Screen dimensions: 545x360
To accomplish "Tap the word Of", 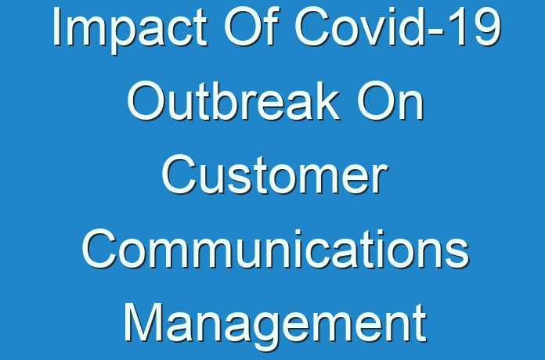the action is [x=251, y=27].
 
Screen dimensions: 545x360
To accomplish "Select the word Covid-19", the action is [x=398, y=27].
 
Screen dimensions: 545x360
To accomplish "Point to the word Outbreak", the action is [x=233, y=100].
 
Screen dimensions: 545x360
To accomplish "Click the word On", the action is [x=390, y=100].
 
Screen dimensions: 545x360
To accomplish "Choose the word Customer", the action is [x=275, y=174].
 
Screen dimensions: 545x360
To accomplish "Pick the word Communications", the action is [x=276, y=248].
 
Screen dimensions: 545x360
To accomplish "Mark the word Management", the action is [x=276, y=325].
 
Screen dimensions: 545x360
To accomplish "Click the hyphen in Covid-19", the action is [x=436, y=32].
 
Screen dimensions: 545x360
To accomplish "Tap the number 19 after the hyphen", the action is [x=475, y=27].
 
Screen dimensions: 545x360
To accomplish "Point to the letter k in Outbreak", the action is [x=326, y=100].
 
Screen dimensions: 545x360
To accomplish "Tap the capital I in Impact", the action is [x=56, y=27].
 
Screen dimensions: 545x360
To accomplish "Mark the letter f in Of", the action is [x=271, y=26].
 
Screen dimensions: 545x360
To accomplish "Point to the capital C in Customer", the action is [x=179, y=174].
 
